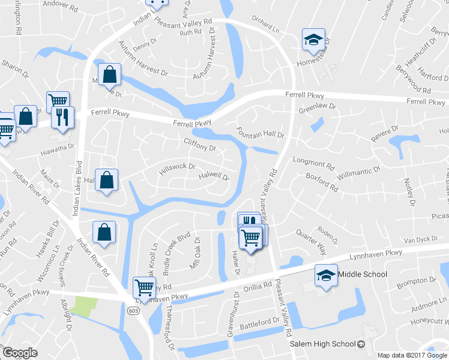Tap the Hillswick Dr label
click(177, 170)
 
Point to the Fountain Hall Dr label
click(259, 134)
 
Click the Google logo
click(20, 353)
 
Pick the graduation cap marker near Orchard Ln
click(313, 39)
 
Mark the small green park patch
click(83, 306)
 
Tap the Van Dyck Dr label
click(422, 239)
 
